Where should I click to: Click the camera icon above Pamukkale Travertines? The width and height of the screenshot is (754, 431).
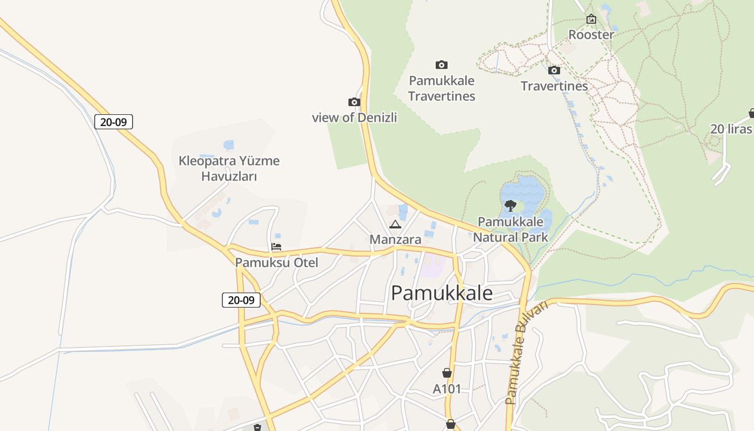(x=442, y=65)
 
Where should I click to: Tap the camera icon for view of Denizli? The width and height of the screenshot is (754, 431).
(x=354, y=102)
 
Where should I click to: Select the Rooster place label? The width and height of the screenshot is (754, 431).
(x=591, y=35)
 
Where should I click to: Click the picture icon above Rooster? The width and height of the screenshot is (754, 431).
(x=591, y=19)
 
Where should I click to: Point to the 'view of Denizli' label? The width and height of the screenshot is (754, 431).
(x=354, y=117)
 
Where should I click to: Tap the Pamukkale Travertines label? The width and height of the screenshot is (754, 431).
(x=442, y=88)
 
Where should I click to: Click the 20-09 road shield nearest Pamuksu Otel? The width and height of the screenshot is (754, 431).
(x=241, y=300)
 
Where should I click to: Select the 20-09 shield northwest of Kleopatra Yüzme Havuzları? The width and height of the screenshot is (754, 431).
(x=114, y=122)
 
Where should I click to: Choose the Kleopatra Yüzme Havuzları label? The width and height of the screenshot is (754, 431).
(x=229, y=168)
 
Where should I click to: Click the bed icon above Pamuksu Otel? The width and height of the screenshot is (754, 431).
(x=276, y=247)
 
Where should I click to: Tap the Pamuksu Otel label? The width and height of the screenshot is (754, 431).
(x=276, y=263)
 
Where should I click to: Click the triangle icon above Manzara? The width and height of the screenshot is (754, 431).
(x=395, y=224)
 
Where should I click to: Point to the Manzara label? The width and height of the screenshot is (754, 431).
(x=395, y=240)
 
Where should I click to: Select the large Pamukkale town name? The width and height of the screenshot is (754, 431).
(x=442, y=293)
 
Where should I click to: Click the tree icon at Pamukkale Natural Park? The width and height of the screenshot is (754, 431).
(x=510, y=205)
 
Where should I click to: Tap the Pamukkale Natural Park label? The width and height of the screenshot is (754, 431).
(x=510, y=230)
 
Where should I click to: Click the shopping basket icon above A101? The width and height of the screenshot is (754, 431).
(x=446, y=373)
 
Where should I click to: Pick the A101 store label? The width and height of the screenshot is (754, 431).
(x=447, y=388)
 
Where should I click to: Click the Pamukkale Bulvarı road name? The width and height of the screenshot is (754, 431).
(x=526, y=353)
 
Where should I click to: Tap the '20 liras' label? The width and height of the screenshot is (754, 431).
(x=731, y=129)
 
